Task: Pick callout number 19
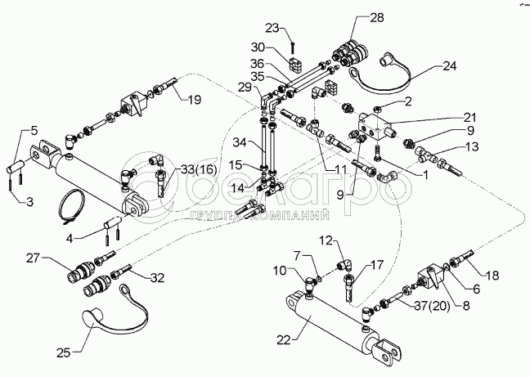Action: pos(193,101)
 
